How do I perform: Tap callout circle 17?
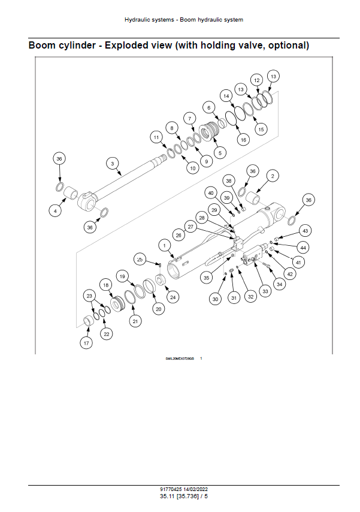(87, 342)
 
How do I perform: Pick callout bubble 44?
(304, 248)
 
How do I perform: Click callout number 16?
(243, 140)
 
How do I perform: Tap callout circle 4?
(55, 210)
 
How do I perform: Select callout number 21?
(135, 321)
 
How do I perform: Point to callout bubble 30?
(215, 299)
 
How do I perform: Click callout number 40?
(211, 192)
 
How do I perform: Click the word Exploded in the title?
(126, 46)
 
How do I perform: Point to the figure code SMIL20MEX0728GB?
(180, 358)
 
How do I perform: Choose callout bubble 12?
(256, 80)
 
